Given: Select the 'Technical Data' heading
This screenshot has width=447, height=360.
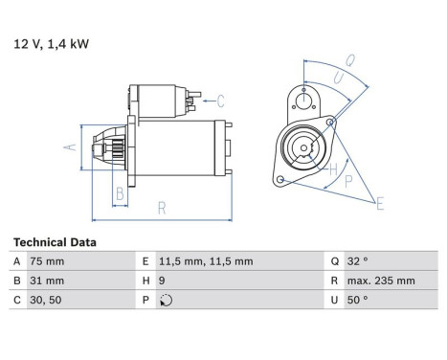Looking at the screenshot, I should (55, 242).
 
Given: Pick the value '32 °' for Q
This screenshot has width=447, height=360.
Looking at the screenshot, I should (357, 261).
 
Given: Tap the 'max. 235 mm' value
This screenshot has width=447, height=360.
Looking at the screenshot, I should (382, 281).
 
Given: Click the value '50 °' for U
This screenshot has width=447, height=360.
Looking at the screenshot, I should (357, 300).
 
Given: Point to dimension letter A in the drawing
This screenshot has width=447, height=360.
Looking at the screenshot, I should (69, 147).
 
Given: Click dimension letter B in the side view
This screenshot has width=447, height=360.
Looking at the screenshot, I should (120, 194).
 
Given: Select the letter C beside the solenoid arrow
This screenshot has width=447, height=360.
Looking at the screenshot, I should (219, 100).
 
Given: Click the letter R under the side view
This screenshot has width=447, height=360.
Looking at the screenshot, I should (162, 208).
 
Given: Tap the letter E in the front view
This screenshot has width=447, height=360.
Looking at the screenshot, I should (380, 203).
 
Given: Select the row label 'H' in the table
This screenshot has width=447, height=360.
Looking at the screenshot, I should (146, 281).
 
